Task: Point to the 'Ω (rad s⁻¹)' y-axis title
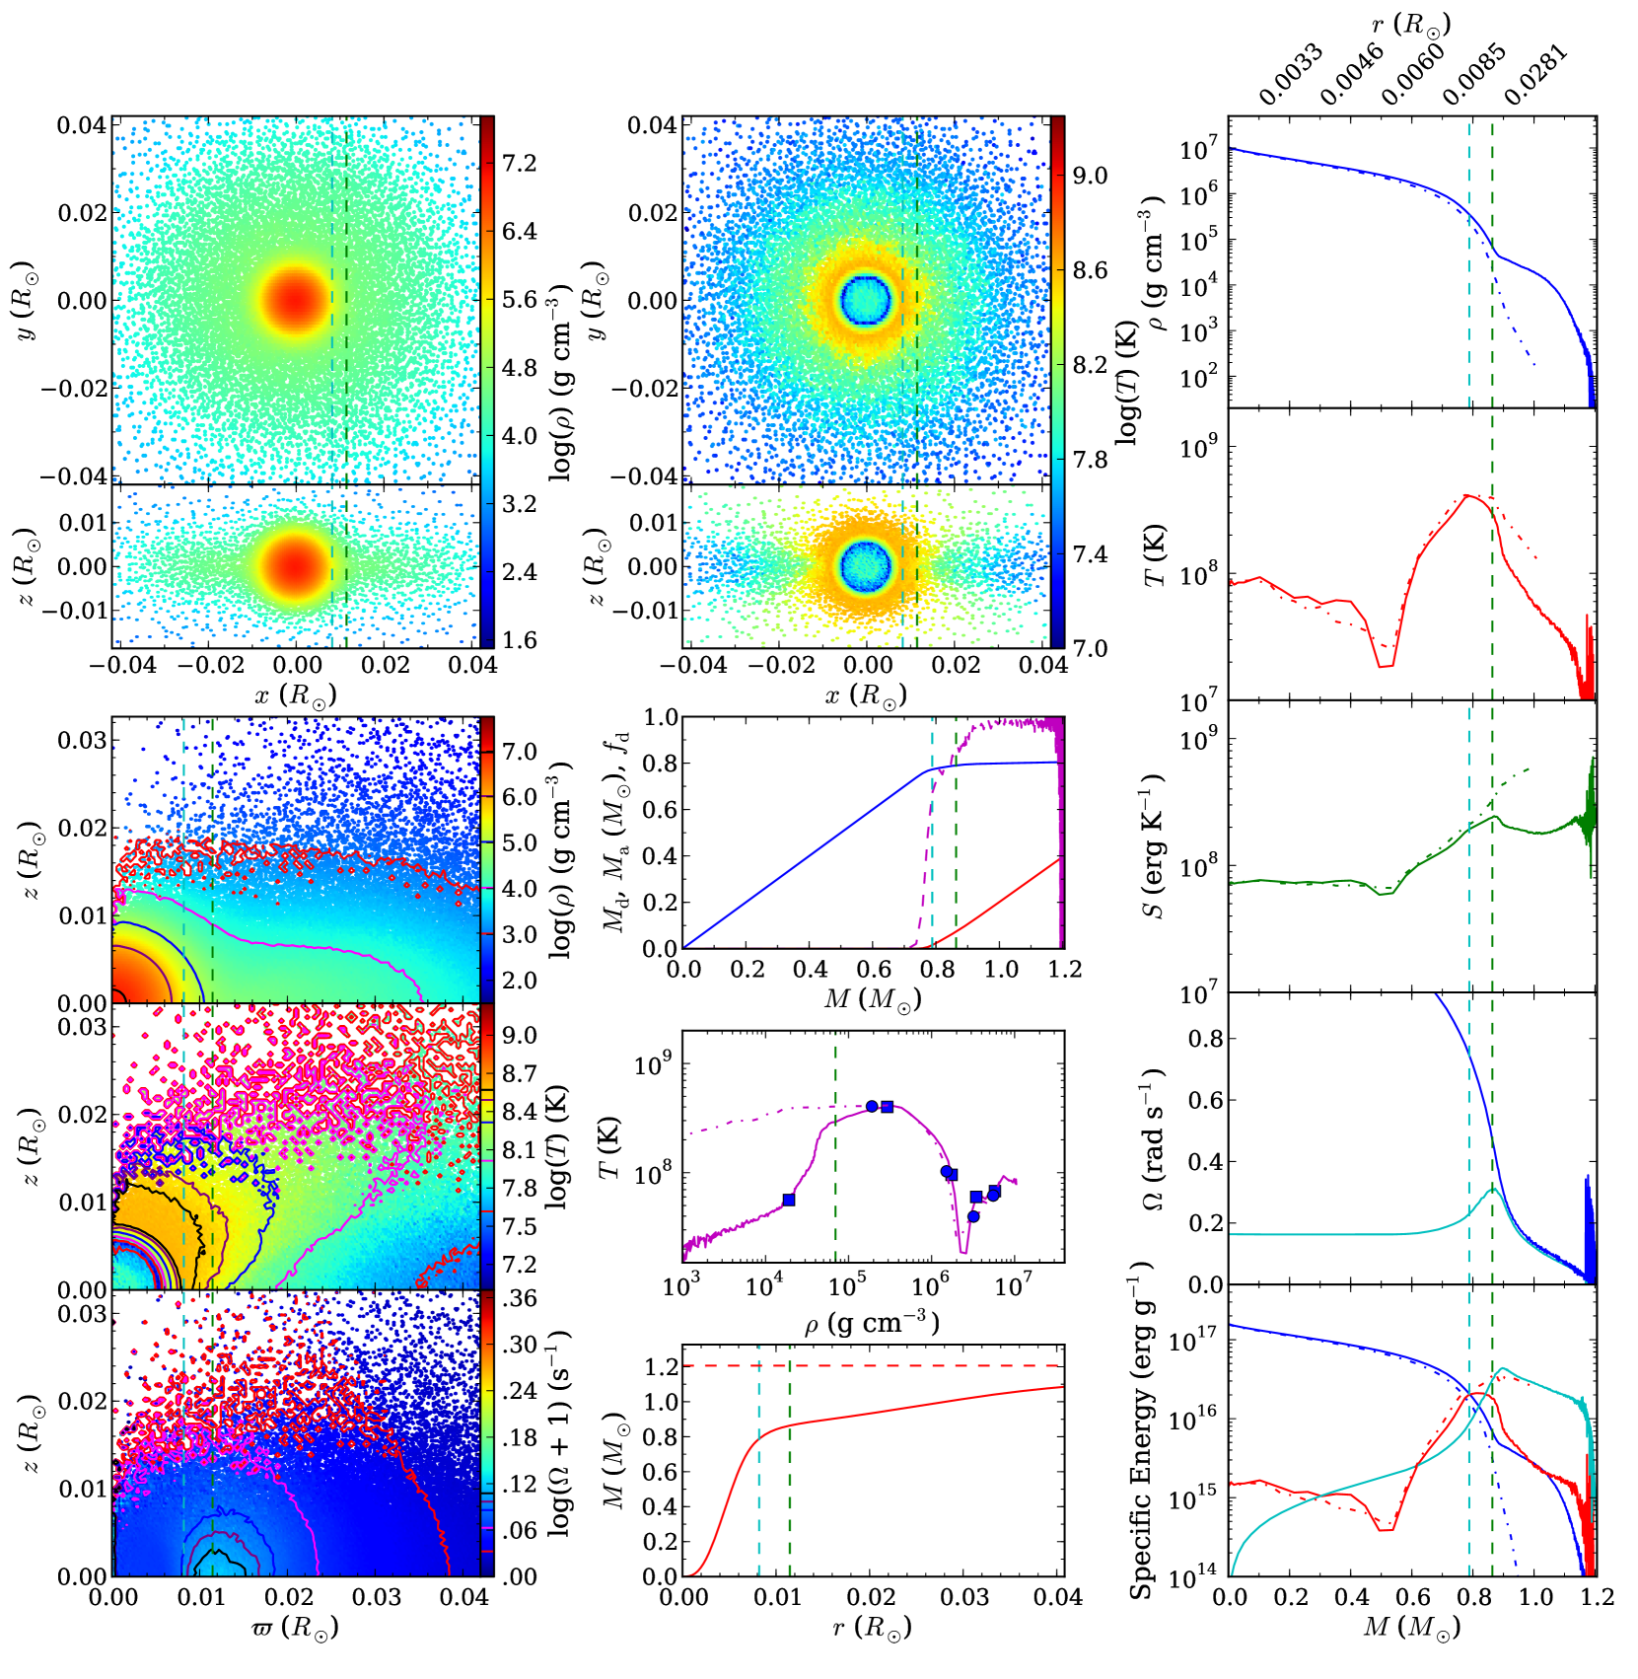pyautogui.click(x=1154, y=1139)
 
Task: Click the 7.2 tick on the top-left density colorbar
pyautogui.click(x=519, y=163)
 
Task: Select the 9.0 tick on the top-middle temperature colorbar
pyautogui.click(x=1090, y=176)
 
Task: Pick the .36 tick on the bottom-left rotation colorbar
pyautogui.click(x=519, y=1298)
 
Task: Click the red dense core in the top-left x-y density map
pyautogui.click(x=296, y=299)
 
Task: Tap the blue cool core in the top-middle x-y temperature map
pyautogui.click(x=866, y=299)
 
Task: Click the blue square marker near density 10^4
pyautogui.click(x=789, y=1200)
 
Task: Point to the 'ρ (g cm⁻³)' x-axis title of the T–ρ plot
pyautogui.click(x=871, y=1323)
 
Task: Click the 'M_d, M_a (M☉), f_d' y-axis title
pyautogui.click(x=616, y=834)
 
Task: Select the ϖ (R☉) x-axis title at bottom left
pyautogui.click(x=295, y=1628)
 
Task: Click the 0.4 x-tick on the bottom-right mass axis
pyautogui.click(x=1352, y=1596)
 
